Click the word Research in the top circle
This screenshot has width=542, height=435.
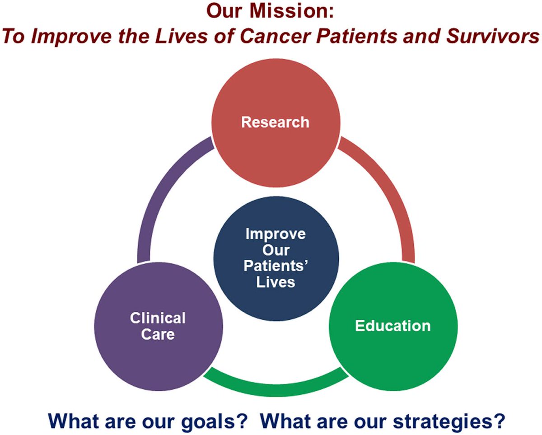[x=275, y=122]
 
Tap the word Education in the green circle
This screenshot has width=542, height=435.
[x=392, y=326]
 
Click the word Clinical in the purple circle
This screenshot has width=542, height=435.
[x=158, y=318]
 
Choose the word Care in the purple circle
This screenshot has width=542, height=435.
[x=158, y=335]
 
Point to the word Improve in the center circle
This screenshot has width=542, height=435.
[x=276, y=234]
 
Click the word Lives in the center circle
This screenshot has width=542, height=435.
[x=276, y=282]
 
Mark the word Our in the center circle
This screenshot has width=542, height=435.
[x=276, y=250]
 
